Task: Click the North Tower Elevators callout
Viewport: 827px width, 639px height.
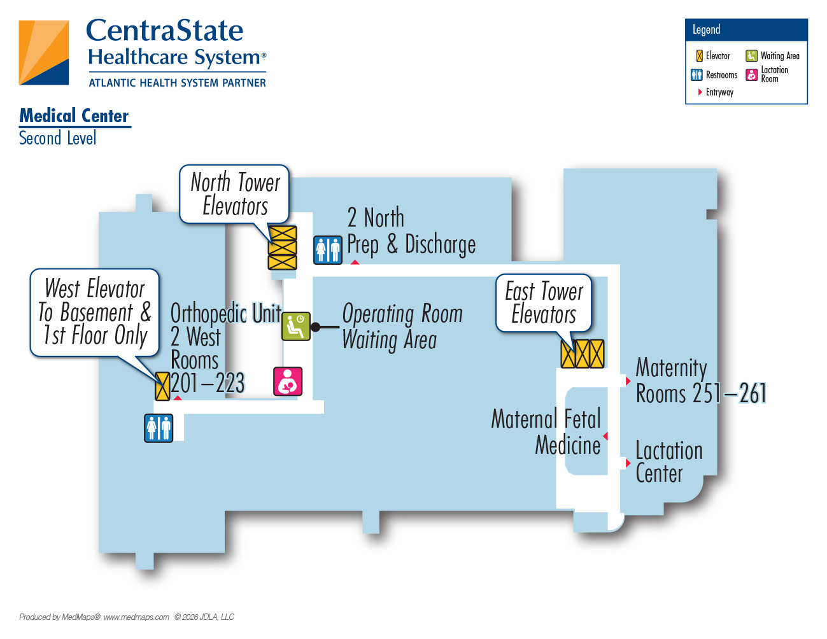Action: [x=234, y=194]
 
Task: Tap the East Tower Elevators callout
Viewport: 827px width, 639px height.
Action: [x=544, y=303]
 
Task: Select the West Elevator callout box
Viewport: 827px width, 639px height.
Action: [x=94, y=312]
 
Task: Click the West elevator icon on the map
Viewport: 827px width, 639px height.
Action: [x=162, y=386]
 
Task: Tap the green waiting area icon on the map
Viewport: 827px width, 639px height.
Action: [x=296, y=327]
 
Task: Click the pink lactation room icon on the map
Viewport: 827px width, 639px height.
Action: [x=288, y=381]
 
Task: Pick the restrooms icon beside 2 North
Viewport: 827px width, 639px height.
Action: [x=328, y=250]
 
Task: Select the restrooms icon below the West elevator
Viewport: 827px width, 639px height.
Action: [x=159, y=428]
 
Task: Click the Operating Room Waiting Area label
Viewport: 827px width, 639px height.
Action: [x=402, y=327]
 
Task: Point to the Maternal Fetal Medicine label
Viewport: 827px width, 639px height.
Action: [x=546, y=432]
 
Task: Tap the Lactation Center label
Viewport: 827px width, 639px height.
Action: [x=669, y=462]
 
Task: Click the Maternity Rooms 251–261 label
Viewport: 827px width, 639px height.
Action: [x=701, y=381]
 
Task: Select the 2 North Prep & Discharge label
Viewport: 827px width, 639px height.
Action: [x=411, y=231]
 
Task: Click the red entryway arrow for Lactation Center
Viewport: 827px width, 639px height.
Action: [x=628, y=463]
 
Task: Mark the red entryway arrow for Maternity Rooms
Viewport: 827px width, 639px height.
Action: [x=628, y=381]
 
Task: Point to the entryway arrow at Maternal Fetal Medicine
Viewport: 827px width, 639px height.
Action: [x=605, y=436]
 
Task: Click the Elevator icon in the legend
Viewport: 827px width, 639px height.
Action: [x=699, y=56]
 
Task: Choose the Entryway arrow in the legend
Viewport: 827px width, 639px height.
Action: [x=700, y=92]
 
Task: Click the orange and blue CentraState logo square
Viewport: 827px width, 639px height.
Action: [x=44, y=52]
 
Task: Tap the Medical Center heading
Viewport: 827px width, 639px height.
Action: [x=74, y=116]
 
